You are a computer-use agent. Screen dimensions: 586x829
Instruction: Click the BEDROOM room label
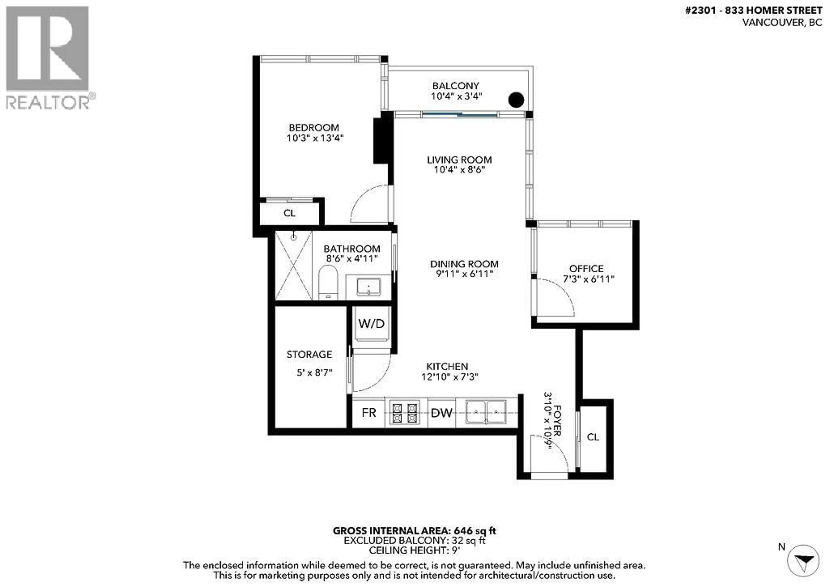click(313, 128)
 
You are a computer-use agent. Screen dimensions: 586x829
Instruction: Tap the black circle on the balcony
click(516, 100)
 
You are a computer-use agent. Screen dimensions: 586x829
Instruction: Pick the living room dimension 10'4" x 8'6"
click(459, 170)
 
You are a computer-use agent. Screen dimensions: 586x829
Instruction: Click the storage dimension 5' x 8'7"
click(314, 373)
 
